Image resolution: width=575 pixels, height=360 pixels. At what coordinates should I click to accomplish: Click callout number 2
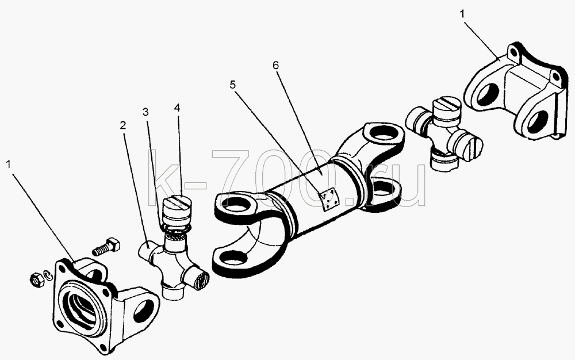[123, 125]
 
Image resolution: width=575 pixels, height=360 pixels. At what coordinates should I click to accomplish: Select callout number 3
[145, 112]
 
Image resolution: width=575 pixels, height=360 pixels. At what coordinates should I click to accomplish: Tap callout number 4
[177, 108]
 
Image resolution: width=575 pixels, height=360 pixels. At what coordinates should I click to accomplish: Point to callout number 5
[233, 85]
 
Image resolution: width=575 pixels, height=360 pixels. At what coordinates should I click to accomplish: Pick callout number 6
[275, 65]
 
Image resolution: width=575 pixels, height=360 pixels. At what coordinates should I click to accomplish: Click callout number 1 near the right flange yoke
[462, 14]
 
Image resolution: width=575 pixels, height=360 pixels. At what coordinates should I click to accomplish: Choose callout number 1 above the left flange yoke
[9, 164]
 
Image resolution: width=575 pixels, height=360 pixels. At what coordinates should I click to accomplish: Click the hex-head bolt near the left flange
[106, 246]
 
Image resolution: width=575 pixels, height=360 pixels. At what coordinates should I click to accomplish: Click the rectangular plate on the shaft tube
[331, 200]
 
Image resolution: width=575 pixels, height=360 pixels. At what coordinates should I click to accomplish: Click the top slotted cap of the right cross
[447, 109]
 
